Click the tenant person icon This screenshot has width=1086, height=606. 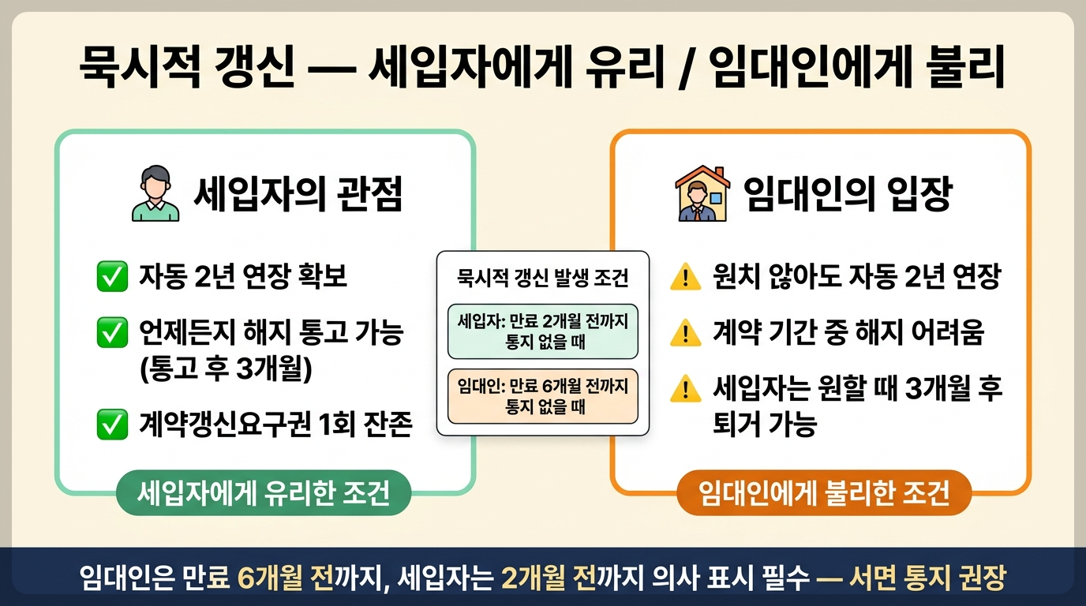[155, 193]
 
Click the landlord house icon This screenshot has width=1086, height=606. [702, 193]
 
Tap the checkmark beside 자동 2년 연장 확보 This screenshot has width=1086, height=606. [113, 276]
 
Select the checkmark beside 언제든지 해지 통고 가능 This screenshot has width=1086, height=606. [113, 332]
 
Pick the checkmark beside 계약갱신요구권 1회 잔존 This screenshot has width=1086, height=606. [113, 425]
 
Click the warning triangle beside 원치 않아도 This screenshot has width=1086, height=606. [686, 277]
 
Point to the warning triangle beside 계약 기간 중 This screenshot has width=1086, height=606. [686, 333]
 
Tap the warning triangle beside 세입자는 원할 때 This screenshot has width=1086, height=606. [686, 389]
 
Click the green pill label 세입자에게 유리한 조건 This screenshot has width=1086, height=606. [264, 492]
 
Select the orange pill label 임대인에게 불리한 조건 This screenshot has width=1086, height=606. [824, 492]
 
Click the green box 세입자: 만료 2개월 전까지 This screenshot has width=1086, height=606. [542, 331]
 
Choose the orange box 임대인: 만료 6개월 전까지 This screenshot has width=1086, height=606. [542, 396]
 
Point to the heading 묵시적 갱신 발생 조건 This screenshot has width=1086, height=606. [542, 278]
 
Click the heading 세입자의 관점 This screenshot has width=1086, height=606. [298, 194]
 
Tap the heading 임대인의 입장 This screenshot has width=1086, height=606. [848, 194]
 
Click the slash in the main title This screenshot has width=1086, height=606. [685, 68]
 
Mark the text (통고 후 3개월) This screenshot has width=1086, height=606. [226, 368]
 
